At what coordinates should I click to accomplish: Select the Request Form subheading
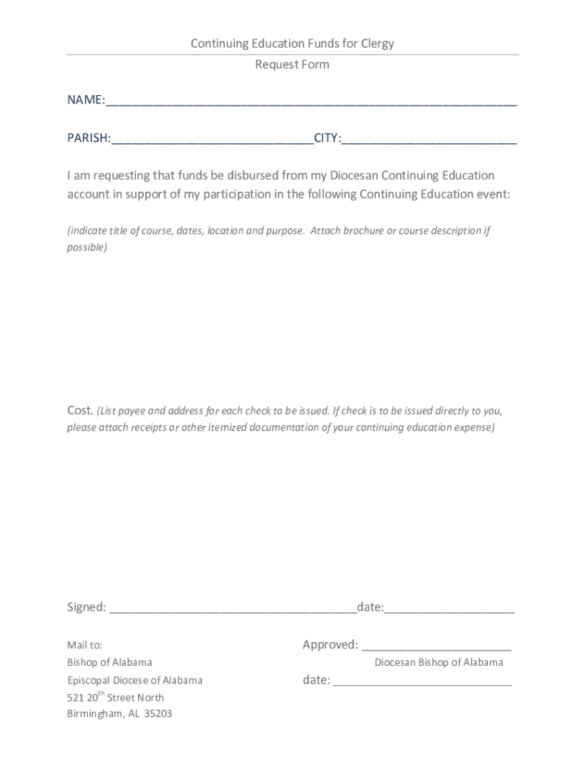click(292, 65)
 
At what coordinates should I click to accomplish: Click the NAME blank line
click(311, 102)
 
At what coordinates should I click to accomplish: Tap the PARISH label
click(88, 138)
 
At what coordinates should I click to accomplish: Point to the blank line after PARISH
click(212, 140)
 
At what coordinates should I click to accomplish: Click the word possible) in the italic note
click(87, 247)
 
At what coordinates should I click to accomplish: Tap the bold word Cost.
click(80, 410)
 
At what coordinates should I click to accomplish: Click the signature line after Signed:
click(233, 609)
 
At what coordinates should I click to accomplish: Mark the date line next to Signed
click(449, 609)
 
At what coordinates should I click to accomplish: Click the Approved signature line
click(436, 647)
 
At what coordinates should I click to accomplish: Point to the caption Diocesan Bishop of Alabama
click(438, 662)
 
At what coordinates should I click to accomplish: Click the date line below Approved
click(422, 682)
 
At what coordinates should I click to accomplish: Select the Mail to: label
click(85, 645)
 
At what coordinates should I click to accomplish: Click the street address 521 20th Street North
click(115, 697)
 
